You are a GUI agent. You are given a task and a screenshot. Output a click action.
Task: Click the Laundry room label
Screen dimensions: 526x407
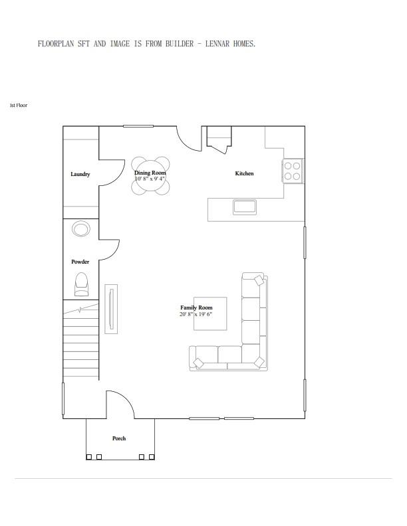coord(80,174)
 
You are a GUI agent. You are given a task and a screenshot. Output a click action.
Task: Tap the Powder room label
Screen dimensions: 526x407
coord(80,262)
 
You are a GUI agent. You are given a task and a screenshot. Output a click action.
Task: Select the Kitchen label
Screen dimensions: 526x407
coord(244,173)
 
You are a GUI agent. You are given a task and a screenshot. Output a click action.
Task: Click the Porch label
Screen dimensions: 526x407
coord(119,438)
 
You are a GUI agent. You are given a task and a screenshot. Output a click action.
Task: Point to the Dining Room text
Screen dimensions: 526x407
coord(150,173)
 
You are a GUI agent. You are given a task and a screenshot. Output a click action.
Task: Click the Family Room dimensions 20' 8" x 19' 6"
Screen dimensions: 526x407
coord(196,314)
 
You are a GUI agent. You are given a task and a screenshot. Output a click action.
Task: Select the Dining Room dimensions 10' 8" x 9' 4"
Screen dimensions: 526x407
coord(150,179)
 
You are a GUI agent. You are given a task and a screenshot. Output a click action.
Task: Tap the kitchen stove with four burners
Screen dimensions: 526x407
coord(293,171)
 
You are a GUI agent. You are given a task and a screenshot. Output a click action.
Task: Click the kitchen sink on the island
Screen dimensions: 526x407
coord(245,207)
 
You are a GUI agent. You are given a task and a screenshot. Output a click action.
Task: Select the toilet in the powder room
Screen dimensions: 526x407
coord(81,284)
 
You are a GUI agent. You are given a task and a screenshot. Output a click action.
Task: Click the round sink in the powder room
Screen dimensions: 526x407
coord(81,229)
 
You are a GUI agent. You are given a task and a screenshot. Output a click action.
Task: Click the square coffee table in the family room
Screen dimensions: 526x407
coord(210,313)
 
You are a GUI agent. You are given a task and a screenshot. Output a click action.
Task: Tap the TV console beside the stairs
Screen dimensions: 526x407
coord(111,309)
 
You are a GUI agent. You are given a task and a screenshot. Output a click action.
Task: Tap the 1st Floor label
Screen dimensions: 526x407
coord(19,105)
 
